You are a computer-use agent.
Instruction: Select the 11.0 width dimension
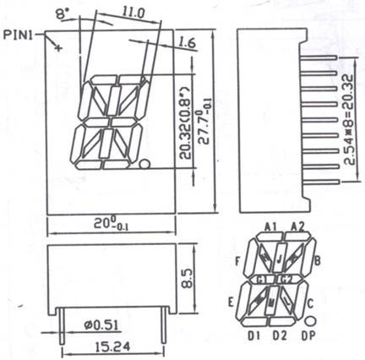coord(131,13)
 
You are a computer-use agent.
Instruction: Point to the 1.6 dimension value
coord(188,41)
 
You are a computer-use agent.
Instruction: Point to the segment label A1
coord(271,226)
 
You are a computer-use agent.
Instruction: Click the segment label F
coord(238,259)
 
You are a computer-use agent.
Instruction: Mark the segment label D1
coord(254,335)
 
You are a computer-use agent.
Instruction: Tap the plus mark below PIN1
coord(57,47)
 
